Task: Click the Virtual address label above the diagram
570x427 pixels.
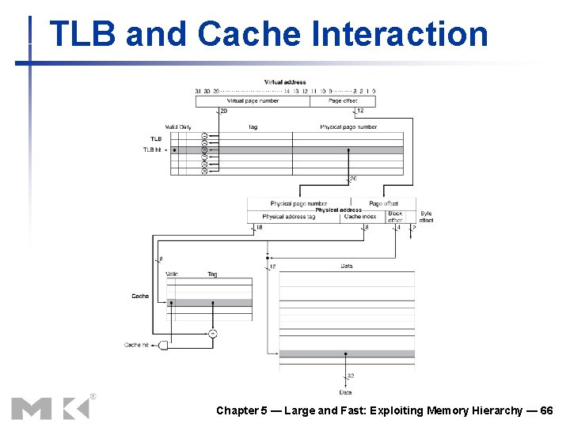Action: coord(285,82)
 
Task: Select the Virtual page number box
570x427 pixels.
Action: coord(253,100)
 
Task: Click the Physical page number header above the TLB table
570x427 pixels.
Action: coord(348,127)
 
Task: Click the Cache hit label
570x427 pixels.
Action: coord(136,345)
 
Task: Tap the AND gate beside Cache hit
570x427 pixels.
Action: coord(164,346)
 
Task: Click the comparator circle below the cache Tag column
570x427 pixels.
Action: coord(212,334)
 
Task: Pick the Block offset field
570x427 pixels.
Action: coord(395,216)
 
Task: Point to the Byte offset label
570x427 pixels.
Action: coord(426,216)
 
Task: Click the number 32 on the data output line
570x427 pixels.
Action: coord(350,376)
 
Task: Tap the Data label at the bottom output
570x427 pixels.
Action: coord(346,392)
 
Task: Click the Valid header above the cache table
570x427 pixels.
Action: coord(172,274)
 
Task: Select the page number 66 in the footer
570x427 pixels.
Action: coord(546,410)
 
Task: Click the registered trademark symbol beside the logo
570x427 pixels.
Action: coord(93,395)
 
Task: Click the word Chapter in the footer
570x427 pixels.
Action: coord(237,410)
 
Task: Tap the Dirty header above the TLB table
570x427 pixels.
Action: coord(185,127)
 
